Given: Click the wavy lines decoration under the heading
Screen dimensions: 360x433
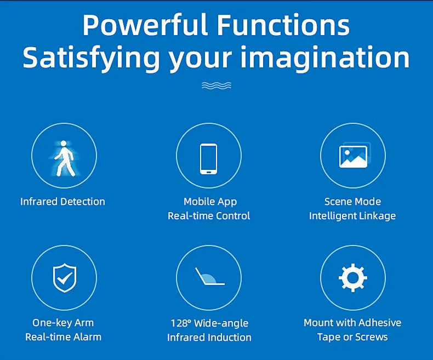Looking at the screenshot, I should [x=216, y=85].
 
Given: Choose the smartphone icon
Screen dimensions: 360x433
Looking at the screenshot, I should [x=208, y=158].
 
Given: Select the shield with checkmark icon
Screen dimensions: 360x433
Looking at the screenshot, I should [x=64, y=278].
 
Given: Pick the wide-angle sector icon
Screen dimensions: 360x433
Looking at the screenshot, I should [x=208, y=277].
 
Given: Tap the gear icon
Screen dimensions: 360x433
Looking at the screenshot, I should [x=352, y=277].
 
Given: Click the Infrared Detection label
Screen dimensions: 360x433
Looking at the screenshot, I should [x=62, y=202].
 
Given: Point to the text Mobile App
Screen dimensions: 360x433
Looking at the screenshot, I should [x=210, y=202].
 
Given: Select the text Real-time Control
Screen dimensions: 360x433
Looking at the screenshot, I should [x=209, y=216].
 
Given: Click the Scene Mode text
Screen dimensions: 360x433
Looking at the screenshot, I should [x=352, y=202].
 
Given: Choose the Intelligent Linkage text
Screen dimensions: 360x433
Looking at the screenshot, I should [x=352, y=216].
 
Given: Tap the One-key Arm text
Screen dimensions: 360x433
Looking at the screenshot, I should [x=63, y=323].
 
